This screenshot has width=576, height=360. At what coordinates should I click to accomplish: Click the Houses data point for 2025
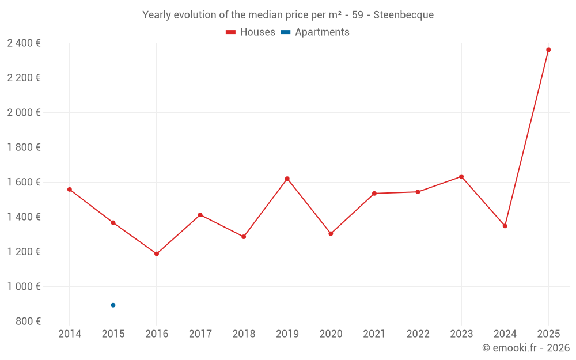tap(548, 50)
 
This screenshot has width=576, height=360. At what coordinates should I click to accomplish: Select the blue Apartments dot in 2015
tap(113, 305)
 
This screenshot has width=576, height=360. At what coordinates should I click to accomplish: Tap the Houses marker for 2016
tap(157, 253)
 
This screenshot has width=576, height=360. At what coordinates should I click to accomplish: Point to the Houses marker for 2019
tap(287, 179)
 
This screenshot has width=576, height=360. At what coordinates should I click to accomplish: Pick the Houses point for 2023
tap(461, 176)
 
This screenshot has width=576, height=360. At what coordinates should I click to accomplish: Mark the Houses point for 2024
tap(505, 226)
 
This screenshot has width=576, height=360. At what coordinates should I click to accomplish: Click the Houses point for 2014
tap(70, 190)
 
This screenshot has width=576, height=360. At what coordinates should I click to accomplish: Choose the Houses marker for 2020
tap(331, 234)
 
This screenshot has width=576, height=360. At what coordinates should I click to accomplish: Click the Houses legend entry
tap(251, 32)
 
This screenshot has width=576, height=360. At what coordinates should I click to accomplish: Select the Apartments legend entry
tap(315, 32)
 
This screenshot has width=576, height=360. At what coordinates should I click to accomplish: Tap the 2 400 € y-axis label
tap(24, 43)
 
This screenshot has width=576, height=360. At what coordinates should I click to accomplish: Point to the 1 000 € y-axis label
tap(24, 286)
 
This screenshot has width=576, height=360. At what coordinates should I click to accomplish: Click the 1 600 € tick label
tap(24, 182)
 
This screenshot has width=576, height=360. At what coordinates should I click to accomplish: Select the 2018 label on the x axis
tap(244, 334)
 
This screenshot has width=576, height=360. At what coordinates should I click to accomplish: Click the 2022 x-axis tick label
tap(418, 334)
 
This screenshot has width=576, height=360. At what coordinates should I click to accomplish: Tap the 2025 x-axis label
tap(548, 334)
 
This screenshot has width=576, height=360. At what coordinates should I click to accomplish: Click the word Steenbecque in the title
tap(403, 15)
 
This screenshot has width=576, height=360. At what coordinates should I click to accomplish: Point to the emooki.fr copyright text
tap(526, 348)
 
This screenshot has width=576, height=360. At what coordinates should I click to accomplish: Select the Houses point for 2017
tap(200, 215)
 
